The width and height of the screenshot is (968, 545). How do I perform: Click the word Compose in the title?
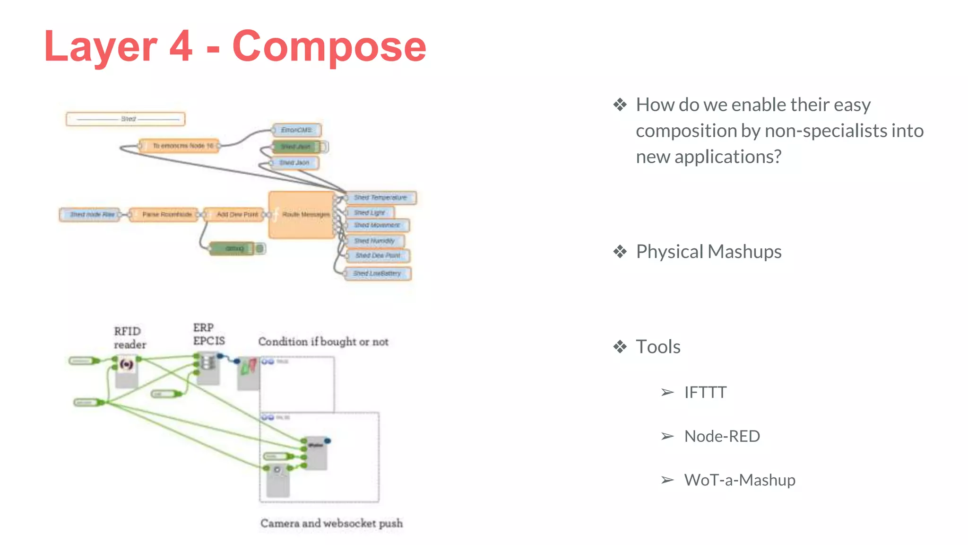click(x=329, y=46)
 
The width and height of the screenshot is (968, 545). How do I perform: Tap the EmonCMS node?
click(x=296, y=130)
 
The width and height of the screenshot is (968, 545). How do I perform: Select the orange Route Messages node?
click(x=302, y=215)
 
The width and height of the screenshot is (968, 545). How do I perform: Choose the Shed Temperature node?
click(x=380, y=198)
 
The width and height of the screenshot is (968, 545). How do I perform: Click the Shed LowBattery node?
click(x=377, y=273)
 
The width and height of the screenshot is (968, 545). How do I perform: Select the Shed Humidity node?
click(x=374, y=241)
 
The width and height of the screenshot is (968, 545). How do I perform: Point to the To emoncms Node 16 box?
click(x=180, y=146)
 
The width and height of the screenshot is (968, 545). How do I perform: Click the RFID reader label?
click(x=130, y=338)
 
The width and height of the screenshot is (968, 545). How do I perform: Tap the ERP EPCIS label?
click(x=208, y=334)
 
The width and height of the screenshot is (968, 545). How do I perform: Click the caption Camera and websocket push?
click(x=331, y=523)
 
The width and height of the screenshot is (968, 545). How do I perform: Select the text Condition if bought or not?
click(x=323, y=342)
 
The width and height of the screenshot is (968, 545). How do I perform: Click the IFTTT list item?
click(x=705, y=393)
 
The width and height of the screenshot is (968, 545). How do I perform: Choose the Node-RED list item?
click(x=722, y=436)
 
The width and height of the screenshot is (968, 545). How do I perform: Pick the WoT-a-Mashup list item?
click(x=739, y=480)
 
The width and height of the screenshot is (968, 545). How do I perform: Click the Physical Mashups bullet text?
click(x=708, y=252)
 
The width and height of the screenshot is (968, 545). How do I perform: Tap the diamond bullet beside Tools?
click(x=620, y=347)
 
